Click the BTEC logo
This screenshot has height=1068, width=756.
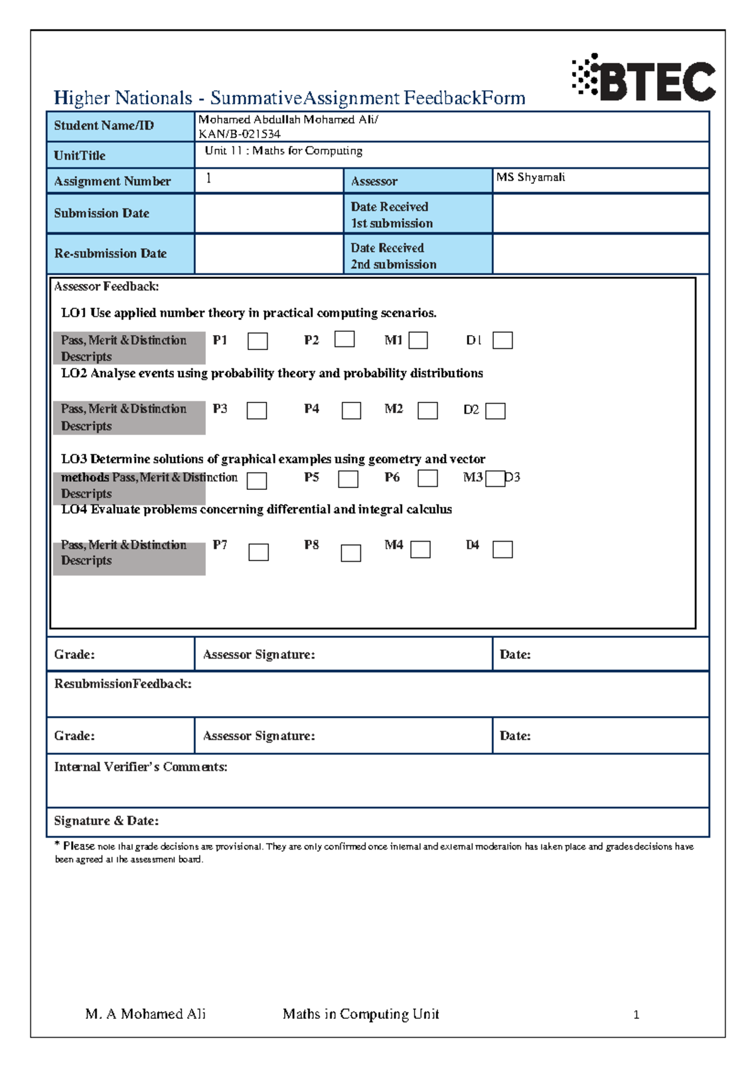coord(644,78)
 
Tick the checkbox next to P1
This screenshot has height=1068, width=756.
coord(257,341)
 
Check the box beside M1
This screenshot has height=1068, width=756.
coord(418,341)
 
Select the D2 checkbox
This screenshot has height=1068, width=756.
coord(495,411)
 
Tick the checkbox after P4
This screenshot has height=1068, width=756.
coord(351,411)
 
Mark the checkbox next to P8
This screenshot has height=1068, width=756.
coord(350,553)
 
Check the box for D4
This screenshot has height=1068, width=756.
coord(502,550)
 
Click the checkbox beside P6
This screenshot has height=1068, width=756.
coord(428,479)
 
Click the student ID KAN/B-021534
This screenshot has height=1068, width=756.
coord(239,133)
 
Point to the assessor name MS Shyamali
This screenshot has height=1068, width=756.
coord(530,177)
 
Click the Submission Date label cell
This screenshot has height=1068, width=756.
coord(101,213)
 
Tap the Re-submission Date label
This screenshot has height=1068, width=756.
coord(110,254)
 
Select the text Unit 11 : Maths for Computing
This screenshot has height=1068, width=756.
coord(283,151)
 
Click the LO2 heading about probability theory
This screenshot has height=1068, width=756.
coord(272,373)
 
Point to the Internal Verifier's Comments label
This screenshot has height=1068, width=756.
coord(140,767)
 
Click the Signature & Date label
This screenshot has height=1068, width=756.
coord(106,821)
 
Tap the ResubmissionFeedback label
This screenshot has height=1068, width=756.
coord(123,684)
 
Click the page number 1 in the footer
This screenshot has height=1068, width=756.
coord(636,1014)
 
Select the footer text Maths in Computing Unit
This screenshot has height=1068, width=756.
coord(360,1014)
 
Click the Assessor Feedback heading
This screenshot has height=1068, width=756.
coord(106,287)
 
